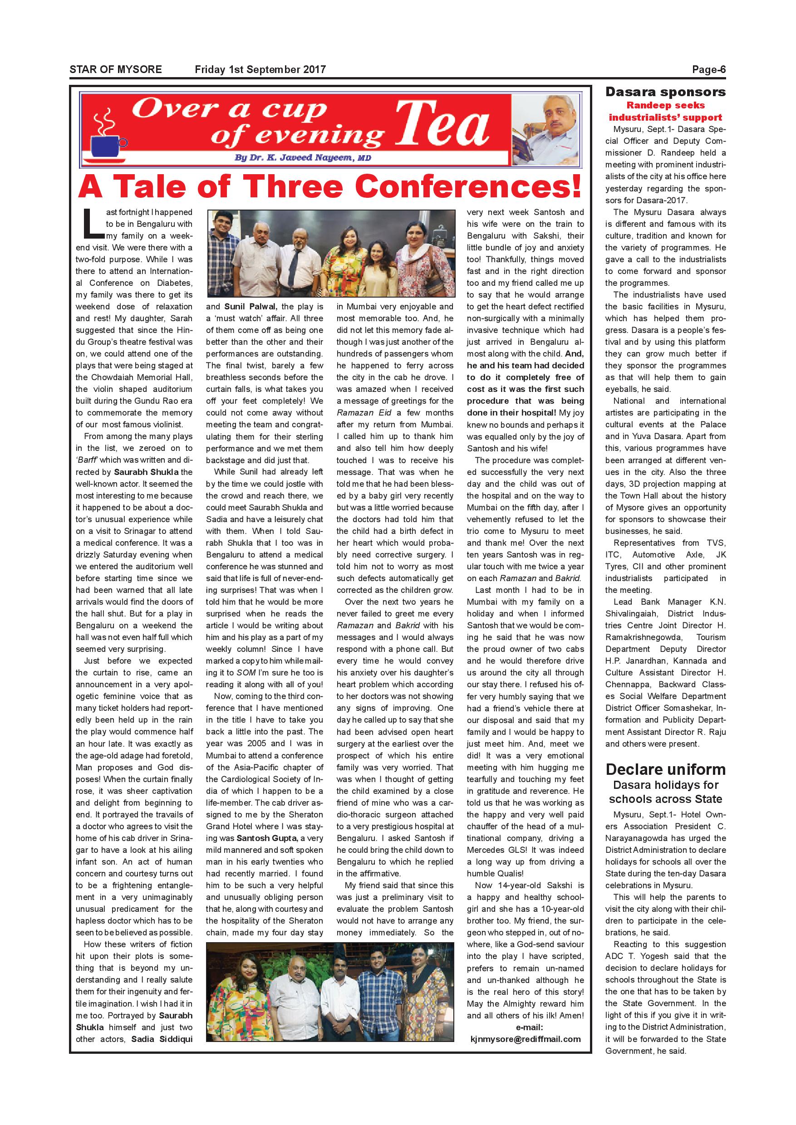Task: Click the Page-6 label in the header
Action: [708, 69]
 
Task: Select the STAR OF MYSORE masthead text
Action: [116, 69]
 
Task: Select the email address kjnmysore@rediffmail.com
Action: [525, 1039]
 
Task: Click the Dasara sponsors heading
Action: [665, 92]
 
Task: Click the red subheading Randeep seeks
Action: [665, 105]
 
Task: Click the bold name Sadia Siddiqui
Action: [162, 1039]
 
